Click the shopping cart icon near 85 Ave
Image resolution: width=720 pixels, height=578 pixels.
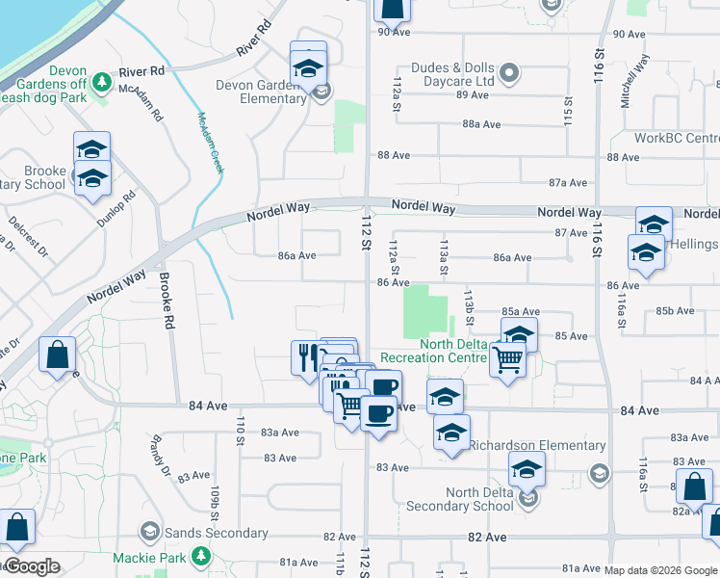(507, 359)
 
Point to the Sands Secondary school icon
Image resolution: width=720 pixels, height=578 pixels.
(150, 532)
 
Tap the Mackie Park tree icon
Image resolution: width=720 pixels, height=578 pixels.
(200, 556)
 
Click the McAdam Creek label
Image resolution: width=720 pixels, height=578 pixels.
(210, 143)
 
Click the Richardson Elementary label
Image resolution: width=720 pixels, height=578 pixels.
(537, 446)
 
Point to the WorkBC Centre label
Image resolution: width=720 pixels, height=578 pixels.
(677, 139)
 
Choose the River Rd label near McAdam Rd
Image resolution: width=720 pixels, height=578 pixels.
(141, 71)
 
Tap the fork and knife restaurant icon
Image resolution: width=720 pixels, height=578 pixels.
(305, 357)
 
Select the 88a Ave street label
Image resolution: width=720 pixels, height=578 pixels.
(482, 124)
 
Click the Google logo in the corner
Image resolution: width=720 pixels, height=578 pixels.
(32, 566)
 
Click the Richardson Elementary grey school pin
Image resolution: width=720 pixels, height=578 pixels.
(599, 472)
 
